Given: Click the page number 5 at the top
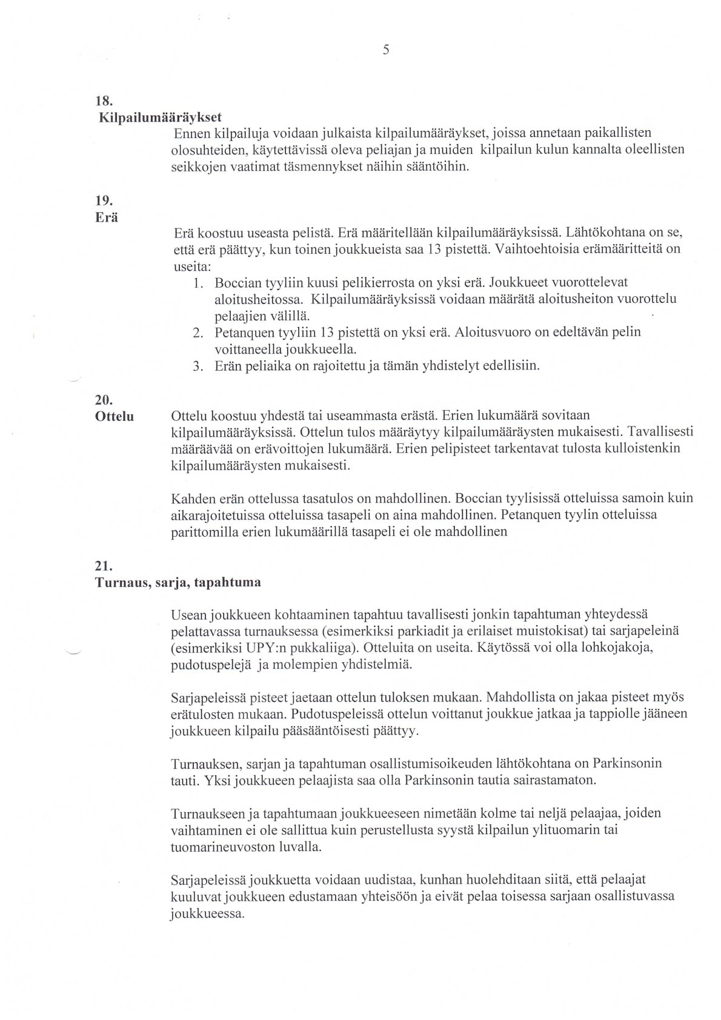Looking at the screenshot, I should (385, 51).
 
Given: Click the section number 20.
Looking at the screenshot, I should (103, 400).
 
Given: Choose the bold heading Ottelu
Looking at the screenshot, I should (115, 417).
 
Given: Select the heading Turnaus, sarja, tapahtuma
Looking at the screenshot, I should (178, 583).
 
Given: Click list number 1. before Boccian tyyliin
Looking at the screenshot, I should (198, 283).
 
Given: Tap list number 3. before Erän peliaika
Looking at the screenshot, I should (198, 366).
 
